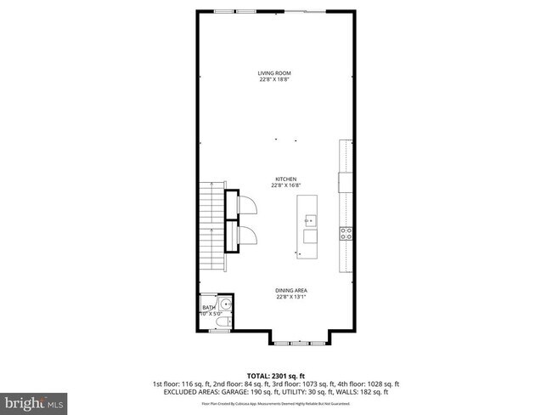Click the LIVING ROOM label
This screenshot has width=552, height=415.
274,73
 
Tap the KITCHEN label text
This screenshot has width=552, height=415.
284,179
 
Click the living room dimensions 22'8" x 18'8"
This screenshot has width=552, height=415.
274,79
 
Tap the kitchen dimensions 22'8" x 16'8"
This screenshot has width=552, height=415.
284,185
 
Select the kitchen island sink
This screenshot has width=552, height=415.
310,220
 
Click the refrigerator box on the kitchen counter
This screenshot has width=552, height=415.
345,182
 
